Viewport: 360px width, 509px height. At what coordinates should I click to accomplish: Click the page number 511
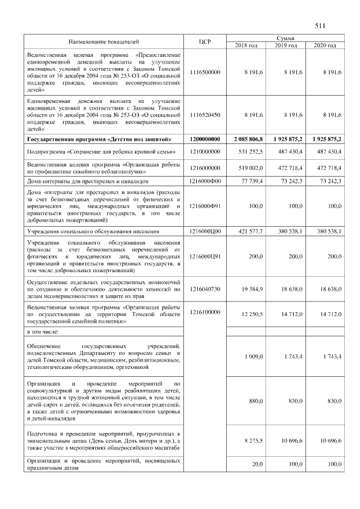(x=321, y=26)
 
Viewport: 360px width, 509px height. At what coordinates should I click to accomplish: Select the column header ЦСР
(x=205, y=42)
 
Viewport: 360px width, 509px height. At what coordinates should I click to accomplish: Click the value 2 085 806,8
(x=246, y=138)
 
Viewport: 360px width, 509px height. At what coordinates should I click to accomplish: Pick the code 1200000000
(x=205, y=138)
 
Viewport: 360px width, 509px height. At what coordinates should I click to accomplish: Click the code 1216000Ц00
(x=205, y=231)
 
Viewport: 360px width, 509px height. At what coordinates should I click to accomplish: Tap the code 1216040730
(x=205, y=289)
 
